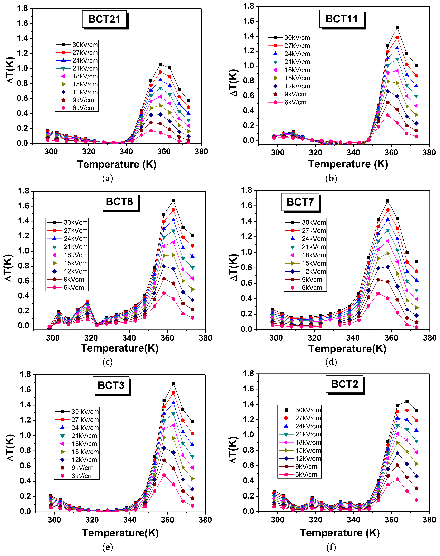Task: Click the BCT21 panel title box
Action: point(104,19)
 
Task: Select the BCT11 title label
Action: point(342,19)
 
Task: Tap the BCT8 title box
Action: point(119,201)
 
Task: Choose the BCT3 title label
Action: point(111,385)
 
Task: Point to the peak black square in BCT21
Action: point(160,64)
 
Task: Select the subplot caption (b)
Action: point(331,178)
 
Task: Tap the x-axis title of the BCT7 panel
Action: point(347,349)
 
